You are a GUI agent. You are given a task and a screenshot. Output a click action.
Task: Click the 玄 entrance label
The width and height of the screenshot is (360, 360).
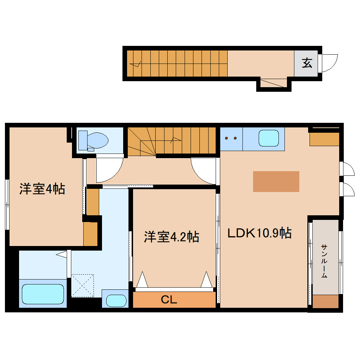pyautogui.click(x=307, y=63)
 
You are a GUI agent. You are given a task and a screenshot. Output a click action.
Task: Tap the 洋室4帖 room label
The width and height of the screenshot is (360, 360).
pyautogui.click(x=42, y=189)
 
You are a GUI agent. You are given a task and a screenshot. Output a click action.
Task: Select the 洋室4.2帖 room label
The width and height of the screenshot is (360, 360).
pyautogui.click(x=172, y=236)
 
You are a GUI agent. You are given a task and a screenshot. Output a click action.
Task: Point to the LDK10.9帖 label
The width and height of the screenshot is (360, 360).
pyautogui.click(x=259, y=233)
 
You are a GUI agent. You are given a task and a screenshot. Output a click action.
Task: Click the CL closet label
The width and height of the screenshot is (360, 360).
pyautogui.click(x=169, y=300)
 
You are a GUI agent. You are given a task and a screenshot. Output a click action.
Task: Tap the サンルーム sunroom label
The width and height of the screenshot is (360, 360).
pyautogui.click(x=324, y=261)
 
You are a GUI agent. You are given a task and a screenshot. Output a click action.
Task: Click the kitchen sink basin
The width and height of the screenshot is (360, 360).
pyautogui.click(x=269, y=138)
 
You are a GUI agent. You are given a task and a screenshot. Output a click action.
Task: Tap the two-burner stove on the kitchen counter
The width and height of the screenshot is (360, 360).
pyautogui.click(x=231, y=138)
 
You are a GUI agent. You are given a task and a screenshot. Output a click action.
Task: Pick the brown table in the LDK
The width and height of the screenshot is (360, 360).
pyautogui.click(x=276, y=181)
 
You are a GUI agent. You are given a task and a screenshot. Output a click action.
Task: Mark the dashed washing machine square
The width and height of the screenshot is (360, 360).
pyautogui.click(x=83, y=285)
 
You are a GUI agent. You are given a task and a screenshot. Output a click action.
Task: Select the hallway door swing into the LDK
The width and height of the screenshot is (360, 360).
pyautogui.click(x=204, y=170)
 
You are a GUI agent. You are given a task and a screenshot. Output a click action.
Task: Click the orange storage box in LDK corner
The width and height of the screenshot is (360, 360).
pyautogui.click(x=324, y=139)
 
